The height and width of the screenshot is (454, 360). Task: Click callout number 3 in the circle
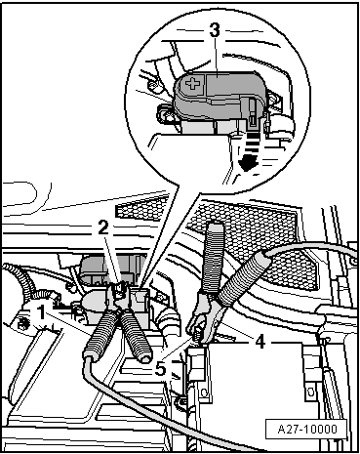215,31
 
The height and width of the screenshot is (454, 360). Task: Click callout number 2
103,228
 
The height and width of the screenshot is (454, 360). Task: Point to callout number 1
41,312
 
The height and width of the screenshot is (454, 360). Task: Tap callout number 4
260,342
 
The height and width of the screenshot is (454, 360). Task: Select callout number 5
161,369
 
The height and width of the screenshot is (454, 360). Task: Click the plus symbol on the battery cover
193,84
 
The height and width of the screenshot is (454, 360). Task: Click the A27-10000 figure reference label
307,429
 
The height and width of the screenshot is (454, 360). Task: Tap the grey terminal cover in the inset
217,94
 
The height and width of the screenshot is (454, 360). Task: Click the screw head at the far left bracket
23,324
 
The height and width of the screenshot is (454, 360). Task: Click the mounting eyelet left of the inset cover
164,113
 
